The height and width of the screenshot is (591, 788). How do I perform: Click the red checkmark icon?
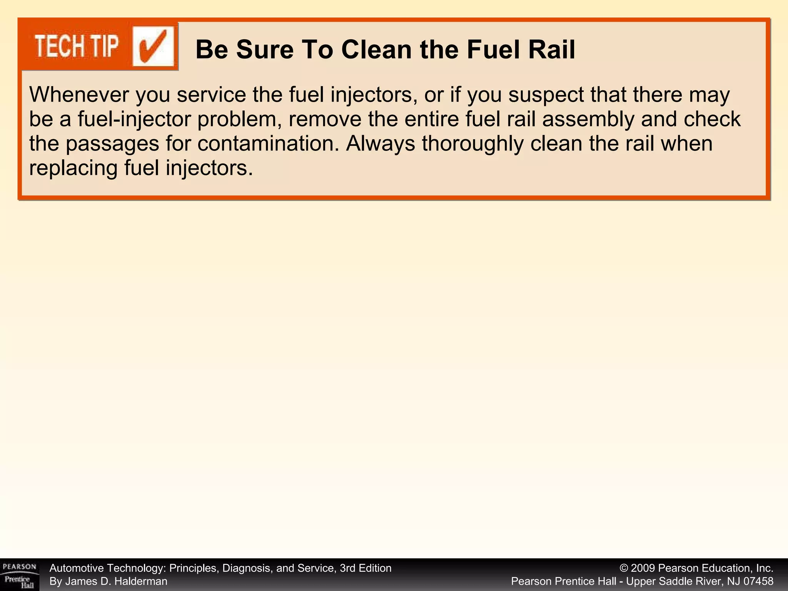pyautogui.click(x=153, y=47)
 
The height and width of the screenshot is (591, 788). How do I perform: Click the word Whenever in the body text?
pyautogui.click(x=79, y=95)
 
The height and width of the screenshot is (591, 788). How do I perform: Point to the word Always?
pyautogui.click(x=380, y=144)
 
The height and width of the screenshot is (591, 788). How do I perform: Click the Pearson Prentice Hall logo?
pyautogui.click(x=19, y=575)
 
